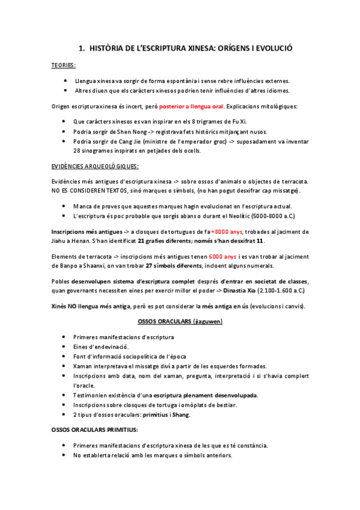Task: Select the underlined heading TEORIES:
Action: tap(63, 65)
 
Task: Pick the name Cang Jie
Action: tap(124, 141)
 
